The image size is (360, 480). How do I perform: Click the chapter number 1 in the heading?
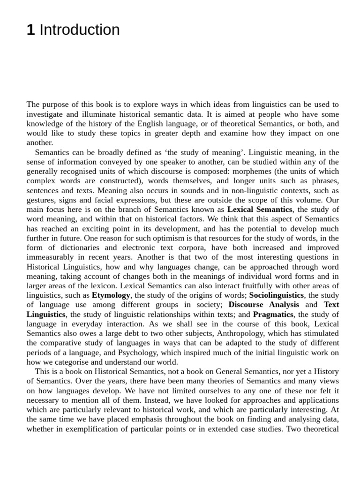tap(30, 30)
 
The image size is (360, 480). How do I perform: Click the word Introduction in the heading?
tap(80, 30)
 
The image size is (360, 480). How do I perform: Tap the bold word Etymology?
tap(111, 295)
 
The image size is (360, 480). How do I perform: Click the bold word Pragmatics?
tap(273, 314)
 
